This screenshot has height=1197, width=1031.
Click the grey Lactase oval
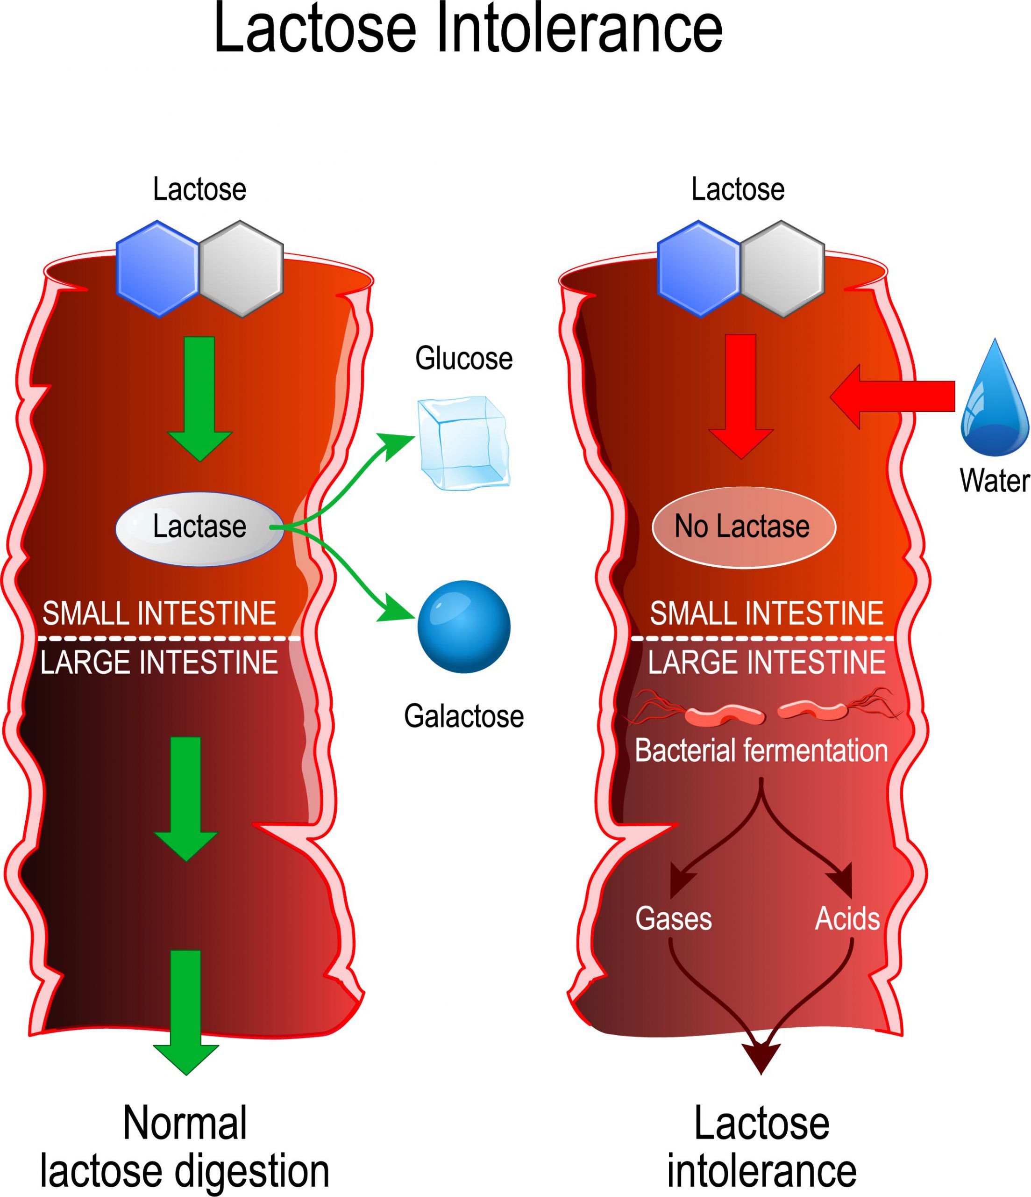click(199, 529)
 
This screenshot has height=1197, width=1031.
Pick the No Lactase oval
click(744, 527)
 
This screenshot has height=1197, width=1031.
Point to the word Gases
click(673, 918)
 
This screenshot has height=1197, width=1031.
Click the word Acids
click(847, 918)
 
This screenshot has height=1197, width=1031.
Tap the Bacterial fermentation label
click(761, 750)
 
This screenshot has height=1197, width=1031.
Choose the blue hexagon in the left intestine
click(157, 269)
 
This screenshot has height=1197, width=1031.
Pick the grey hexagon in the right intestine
click(782, 269)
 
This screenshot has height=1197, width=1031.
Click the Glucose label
click(463, 358)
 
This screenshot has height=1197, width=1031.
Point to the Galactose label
click(463, 716)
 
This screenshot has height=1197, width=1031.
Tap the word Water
click(994, 481)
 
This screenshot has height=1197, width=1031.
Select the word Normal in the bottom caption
click(185, 1124)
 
